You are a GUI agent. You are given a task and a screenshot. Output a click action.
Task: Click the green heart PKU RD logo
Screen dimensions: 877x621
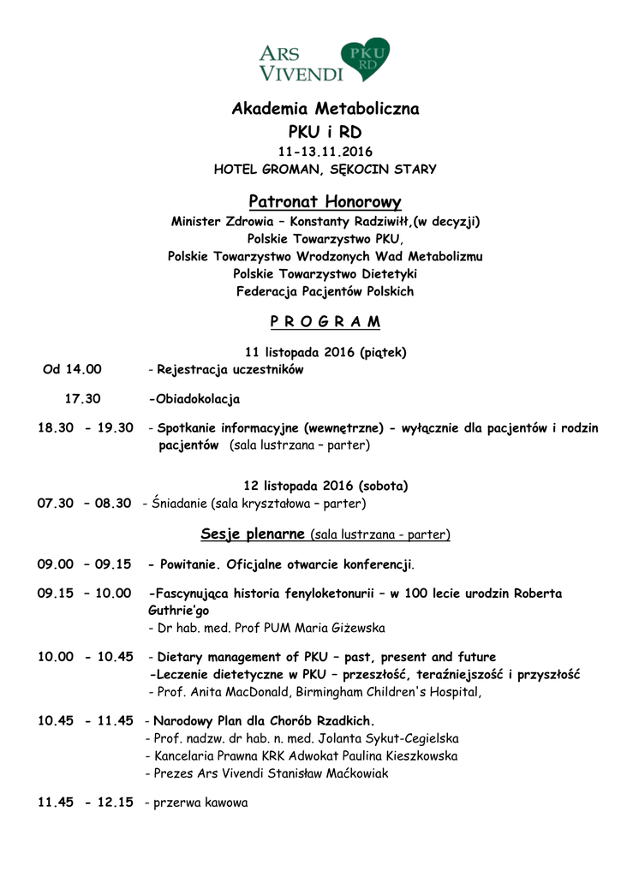point(365,58)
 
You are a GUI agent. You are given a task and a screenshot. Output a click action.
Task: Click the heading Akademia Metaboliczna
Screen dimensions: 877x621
point(325,110)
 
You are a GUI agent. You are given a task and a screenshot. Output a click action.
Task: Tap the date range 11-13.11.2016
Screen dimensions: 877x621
point(325,152)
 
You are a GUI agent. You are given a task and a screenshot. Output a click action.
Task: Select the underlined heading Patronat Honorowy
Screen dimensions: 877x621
point(325,202)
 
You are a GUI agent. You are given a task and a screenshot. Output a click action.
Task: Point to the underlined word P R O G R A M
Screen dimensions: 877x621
point(325,322)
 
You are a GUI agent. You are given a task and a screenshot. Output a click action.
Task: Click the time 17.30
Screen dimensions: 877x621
point(83,399)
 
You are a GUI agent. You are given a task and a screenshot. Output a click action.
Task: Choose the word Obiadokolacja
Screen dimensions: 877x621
point(196,399)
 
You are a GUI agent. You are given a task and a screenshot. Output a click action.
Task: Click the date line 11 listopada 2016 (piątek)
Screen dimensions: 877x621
point(325,352)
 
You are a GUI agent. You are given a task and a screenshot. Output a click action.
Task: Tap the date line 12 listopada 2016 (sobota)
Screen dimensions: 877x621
point(325,486)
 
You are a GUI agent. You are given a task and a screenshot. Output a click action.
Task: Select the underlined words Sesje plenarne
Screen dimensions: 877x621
point(253,534)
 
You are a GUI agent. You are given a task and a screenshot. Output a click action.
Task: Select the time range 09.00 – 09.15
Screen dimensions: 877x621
point(84,565)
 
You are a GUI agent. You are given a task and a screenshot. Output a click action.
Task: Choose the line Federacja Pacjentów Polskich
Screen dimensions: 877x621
point(325,292)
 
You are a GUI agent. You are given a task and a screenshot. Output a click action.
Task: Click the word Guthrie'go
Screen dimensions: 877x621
point(178,611)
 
